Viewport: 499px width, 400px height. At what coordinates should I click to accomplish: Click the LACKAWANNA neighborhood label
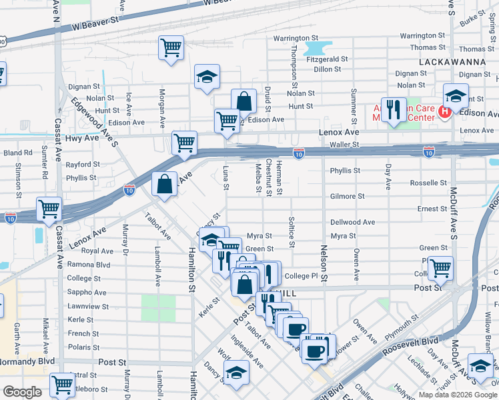(x=452, y=61)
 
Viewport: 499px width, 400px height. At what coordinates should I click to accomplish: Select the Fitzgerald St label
(x=327, y=59)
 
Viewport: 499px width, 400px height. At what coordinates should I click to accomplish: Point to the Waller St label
(x=345, y=144)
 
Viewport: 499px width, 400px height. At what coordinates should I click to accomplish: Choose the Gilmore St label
(x=348, y=197)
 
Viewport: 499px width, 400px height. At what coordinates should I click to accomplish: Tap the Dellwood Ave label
(x=352, y=222)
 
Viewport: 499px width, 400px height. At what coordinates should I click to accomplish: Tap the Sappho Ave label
(x=86, y=292)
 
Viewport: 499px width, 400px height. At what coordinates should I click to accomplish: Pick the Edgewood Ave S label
(x=95, y=123)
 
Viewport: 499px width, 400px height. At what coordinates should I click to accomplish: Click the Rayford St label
(x=83, y=165)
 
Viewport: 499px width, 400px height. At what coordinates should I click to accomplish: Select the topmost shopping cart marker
(x=171, y=48)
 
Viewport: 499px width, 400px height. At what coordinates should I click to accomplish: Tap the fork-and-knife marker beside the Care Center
(x=394, y=110)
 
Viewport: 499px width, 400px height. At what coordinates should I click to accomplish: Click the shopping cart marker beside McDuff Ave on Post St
(x=440, y=269)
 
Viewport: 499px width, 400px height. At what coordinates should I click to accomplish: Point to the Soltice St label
(x=292, y=231)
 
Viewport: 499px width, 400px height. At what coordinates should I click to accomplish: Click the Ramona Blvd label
(x=88, y=265)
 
